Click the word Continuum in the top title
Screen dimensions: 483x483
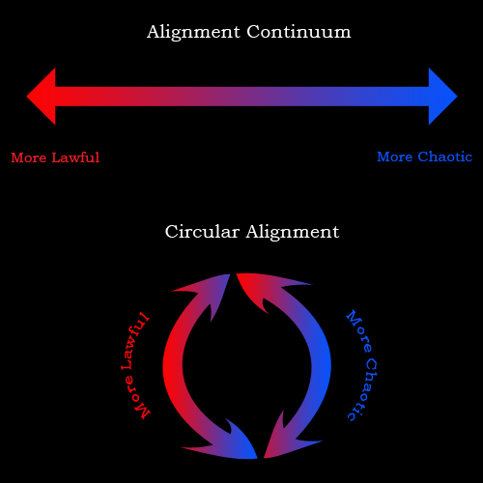coord(298,32)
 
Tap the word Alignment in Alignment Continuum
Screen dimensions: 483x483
coord(193,33)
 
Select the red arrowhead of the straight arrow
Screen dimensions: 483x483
coord(41,97)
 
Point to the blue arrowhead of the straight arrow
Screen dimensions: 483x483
coord(443,97)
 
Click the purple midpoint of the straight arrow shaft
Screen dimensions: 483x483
coord(241,97)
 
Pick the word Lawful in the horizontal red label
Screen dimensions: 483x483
coord(75,157)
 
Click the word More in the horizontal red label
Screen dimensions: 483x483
coord(29,157)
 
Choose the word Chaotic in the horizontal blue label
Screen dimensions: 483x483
coord(445,156)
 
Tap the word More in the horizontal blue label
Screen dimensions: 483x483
coord(395,156)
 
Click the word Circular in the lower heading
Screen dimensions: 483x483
coord(202,231)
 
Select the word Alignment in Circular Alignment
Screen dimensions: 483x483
coord(293,232)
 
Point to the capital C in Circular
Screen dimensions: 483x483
coord(171,232)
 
